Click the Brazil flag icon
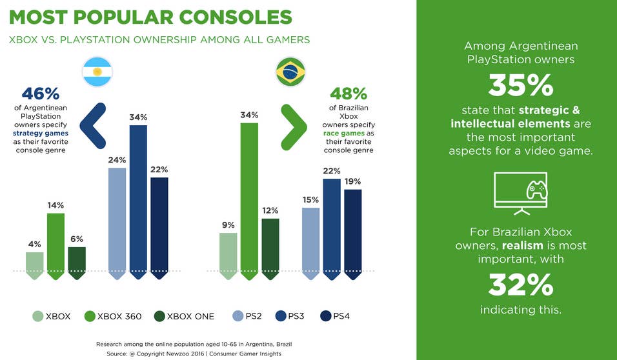point(291,72)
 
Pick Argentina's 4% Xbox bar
point(35,265)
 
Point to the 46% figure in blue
point(41,94)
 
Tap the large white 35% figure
point(520,85)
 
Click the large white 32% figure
point(520,285)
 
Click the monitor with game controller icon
point(520,192)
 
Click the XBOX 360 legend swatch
point(90,316)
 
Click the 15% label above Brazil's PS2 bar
point(310,200)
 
